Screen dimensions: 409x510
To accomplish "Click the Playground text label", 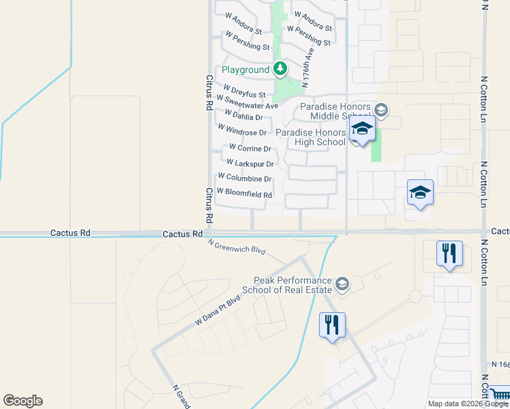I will (245, 70).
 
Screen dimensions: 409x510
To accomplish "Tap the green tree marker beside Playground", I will (280, 69).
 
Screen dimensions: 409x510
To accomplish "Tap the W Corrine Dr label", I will (250, 147).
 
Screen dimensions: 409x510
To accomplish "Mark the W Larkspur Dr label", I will (250, 164).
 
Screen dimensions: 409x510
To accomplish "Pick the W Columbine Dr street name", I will (245, 179).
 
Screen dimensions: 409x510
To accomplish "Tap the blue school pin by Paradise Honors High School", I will (362, 130).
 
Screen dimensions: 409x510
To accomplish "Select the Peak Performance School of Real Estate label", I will (292, 285).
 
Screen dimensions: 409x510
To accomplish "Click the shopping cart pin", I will (500, 395).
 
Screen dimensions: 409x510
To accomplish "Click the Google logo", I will (22, 401).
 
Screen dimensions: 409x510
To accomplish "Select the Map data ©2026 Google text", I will (468, 404).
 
